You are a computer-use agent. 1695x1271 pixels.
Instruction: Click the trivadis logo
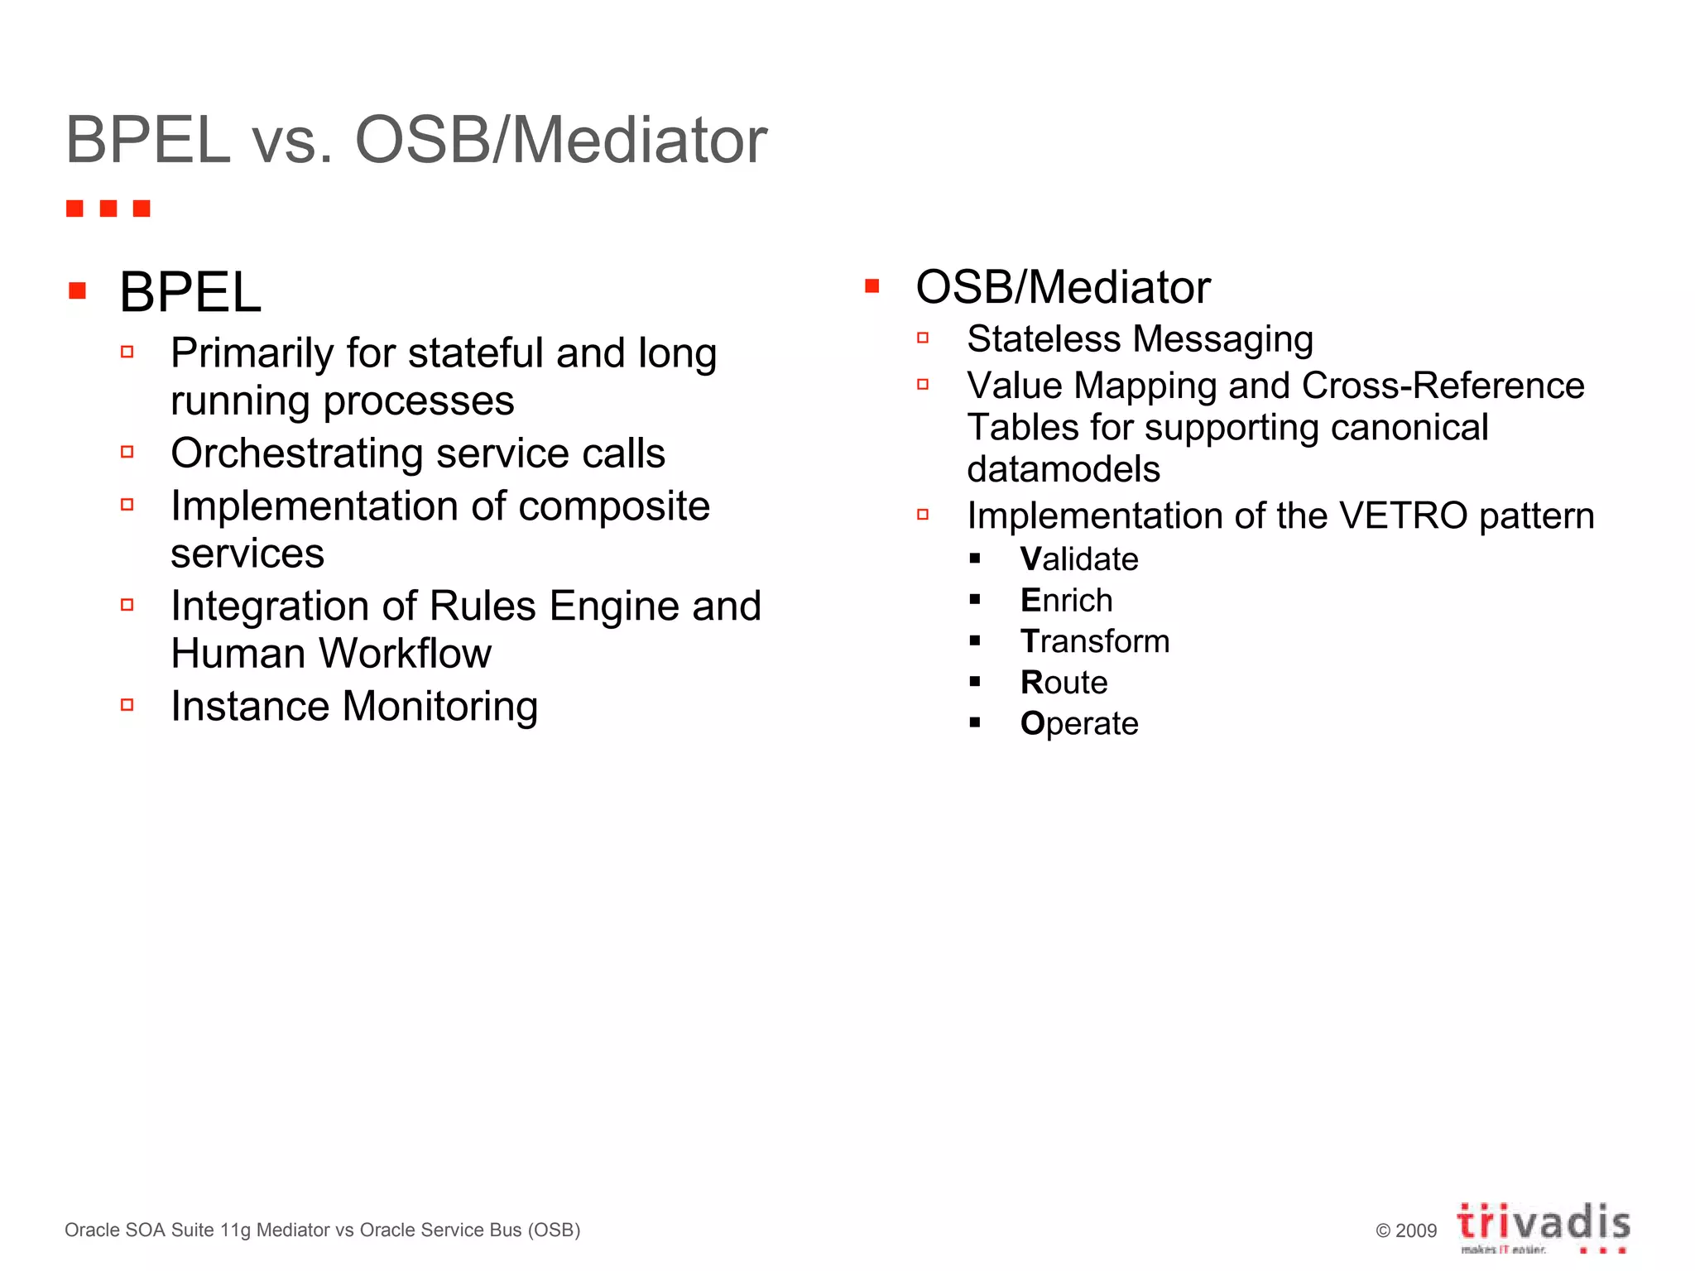point(1544,1225)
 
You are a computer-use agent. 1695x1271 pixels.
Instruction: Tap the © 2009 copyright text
point(1406,1230)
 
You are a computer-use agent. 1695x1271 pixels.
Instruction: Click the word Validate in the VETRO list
point(1079,559)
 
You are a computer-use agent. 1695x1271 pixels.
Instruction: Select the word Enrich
point(1066,601)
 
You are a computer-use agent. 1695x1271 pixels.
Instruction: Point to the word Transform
point(1095,641)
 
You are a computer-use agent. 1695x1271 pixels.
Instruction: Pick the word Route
point(1064,683)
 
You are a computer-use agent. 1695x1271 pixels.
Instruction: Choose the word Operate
point(1079,724)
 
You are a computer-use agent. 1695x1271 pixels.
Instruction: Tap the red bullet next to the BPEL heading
point(78,290)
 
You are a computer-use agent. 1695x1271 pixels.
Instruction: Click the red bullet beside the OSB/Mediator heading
point(872,286)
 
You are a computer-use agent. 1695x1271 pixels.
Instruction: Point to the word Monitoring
point(439,707)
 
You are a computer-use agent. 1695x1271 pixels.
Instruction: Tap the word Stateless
point(1044,339)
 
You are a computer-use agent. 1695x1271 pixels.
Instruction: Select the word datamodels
point(1064,469)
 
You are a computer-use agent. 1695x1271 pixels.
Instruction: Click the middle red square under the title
point(108,209)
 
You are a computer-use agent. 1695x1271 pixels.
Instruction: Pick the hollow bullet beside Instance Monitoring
point(127,705)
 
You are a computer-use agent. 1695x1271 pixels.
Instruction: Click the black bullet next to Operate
point(975,722)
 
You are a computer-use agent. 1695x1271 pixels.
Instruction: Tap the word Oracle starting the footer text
point(92,1230)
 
